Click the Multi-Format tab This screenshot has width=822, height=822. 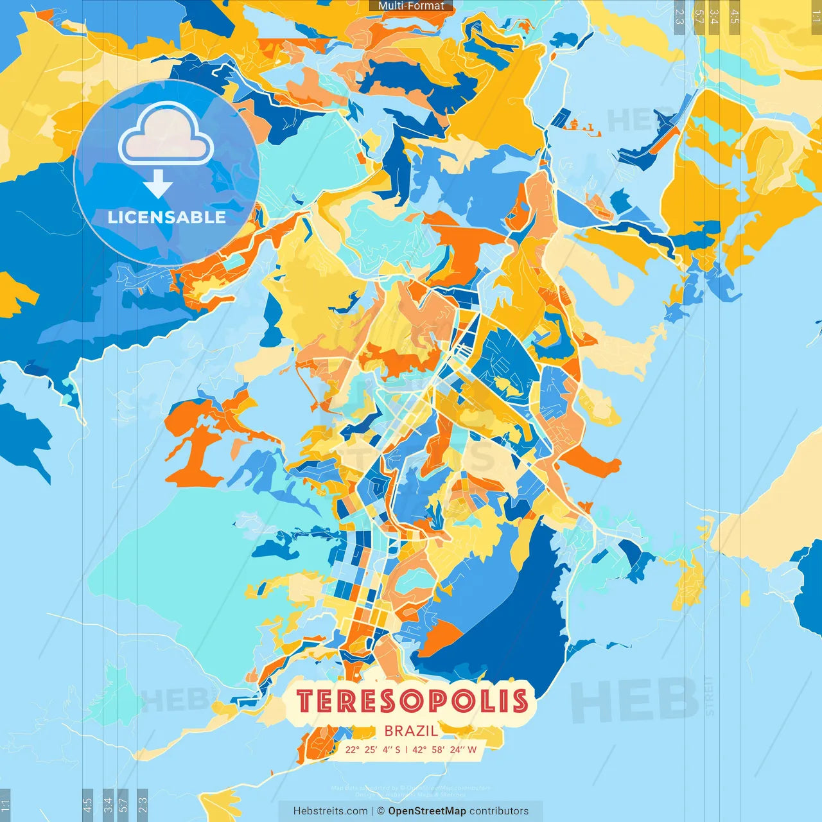point(411,6)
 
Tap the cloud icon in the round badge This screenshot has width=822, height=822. point(166,133)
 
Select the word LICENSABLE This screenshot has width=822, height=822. point(166,217)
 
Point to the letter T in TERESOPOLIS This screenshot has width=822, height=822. point(307,701)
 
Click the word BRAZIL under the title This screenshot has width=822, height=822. point(411,731)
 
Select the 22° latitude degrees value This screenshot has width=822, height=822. point(353,749)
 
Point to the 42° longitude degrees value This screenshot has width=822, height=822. point(419,749)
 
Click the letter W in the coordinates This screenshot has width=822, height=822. point(473,749)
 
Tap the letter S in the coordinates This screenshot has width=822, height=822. point(398,749)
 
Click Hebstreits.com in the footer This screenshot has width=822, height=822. point(330,811)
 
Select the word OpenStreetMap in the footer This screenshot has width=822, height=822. point(427,811)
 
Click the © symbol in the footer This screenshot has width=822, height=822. point(381,811)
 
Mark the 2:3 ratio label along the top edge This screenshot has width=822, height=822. point(679,16)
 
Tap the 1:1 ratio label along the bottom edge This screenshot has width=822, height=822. point(5,803)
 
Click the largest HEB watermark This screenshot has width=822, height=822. point(634,700)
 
